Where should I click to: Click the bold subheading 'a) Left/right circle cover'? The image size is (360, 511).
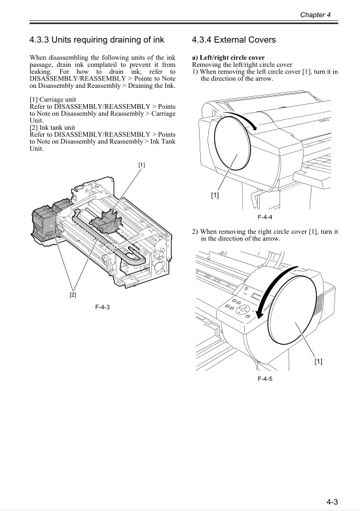coord(228,58)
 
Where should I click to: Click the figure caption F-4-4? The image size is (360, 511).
coord(264,216)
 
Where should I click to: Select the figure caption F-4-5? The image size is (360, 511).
coord(265,379)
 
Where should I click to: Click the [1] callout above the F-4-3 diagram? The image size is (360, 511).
coord(141,165)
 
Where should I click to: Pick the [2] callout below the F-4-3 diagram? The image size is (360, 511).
coord(73,295)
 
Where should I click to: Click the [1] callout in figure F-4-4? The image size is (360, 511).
coord(215,195)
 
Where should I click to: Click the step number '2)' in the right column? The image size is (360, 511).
coord(195,232)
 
